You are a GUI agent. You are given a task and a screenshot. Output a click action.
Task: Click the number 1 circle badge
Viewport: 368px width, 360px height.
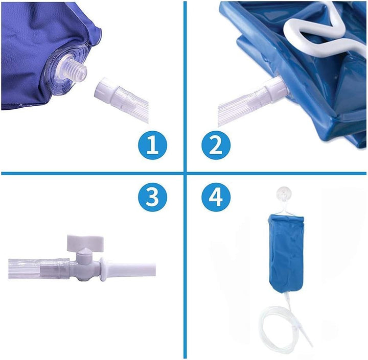[x=152, y=145]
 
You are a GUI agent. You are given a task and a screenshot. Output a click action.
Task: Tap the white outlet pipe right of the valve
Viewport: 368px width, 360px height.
[x=136, y=269]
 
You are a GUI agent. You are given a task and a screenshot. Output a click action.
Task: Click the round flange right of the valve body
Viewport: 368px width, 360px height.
[x=104, y=268]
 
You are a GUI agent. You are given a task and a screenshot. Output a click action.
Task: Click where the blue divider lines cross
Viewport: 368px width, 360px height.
[x=184, y=173]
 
